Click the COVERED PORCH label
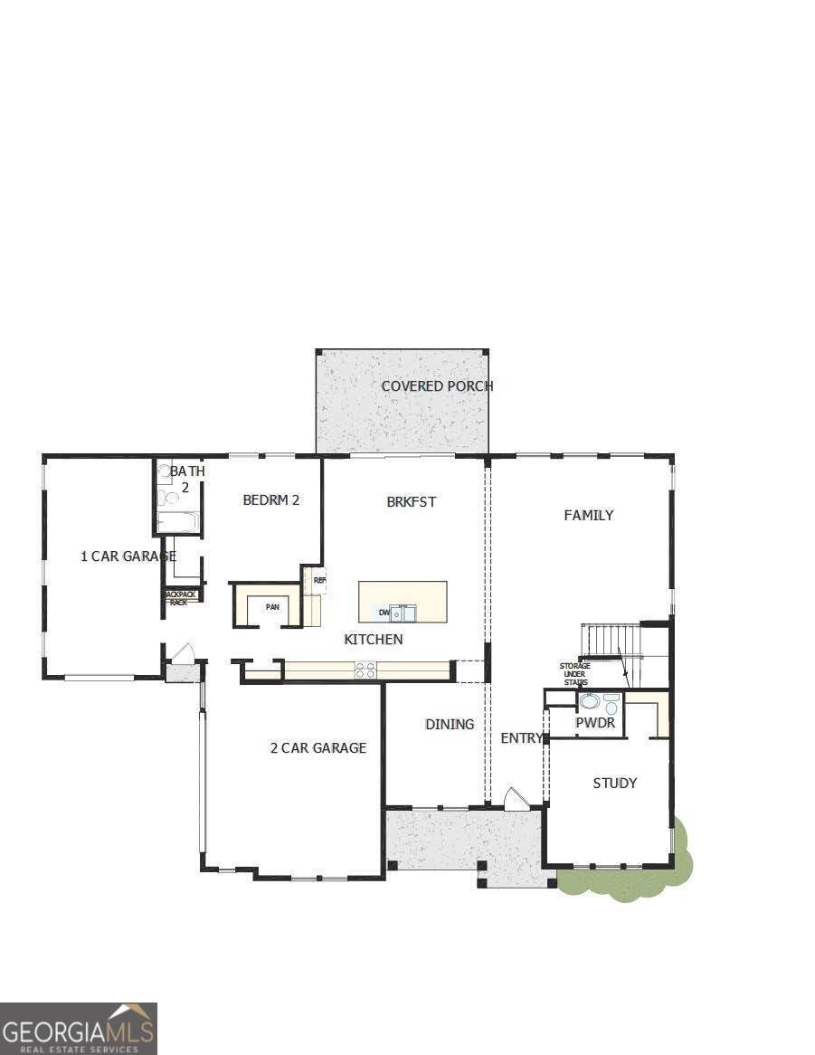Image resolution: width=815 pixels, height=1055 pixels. coord(437,386)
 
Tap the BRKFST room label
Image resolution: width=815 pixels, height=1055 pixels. coord(412,501)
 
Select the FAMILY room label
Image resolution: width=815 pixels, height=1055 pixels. coord(589,515)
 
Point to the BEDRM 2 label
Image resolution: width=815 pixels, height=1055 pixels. coord(270,499)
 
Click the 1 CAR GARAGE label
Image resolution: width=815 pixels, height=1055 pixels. coord(128,556)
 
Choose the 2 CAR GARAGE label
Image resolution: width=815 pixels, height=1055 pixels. coord(318,747)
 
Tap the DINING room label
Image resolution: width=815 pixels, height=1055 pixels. coord(450,724)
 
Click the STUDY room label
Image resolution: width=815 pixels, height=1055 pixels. coord(615,783)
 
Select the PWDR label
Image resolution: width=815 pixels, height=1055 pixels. coord(595,723)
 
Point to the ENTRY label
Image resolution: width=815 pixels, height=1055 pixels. coord(522,738)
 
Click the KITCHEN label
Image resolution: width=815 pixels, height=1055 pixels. coord(374,640)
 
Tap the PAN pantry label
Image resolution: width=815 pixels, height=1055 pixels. coord(272,607)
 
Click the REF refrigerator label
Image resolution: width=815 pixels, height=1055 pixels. coord(319,580)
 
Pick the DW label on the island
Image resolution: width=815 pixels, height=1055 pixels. coord(384,613)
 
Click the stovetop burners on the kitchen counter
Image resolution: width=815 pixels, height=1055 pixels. coord(365,670)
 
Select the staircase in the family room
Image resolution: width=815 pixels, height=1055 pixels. coord(611,641)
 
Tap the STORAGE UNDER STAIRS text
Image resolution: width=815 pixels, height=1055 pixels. coord(574,674)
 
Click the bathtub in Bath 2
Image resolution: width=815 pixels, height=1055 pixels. coord(177,522)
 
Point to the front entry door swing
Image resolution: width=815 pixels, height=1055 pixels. coord(516,799)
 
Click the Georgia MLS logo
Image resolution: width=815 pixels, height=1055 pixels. coord(79,1029)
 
